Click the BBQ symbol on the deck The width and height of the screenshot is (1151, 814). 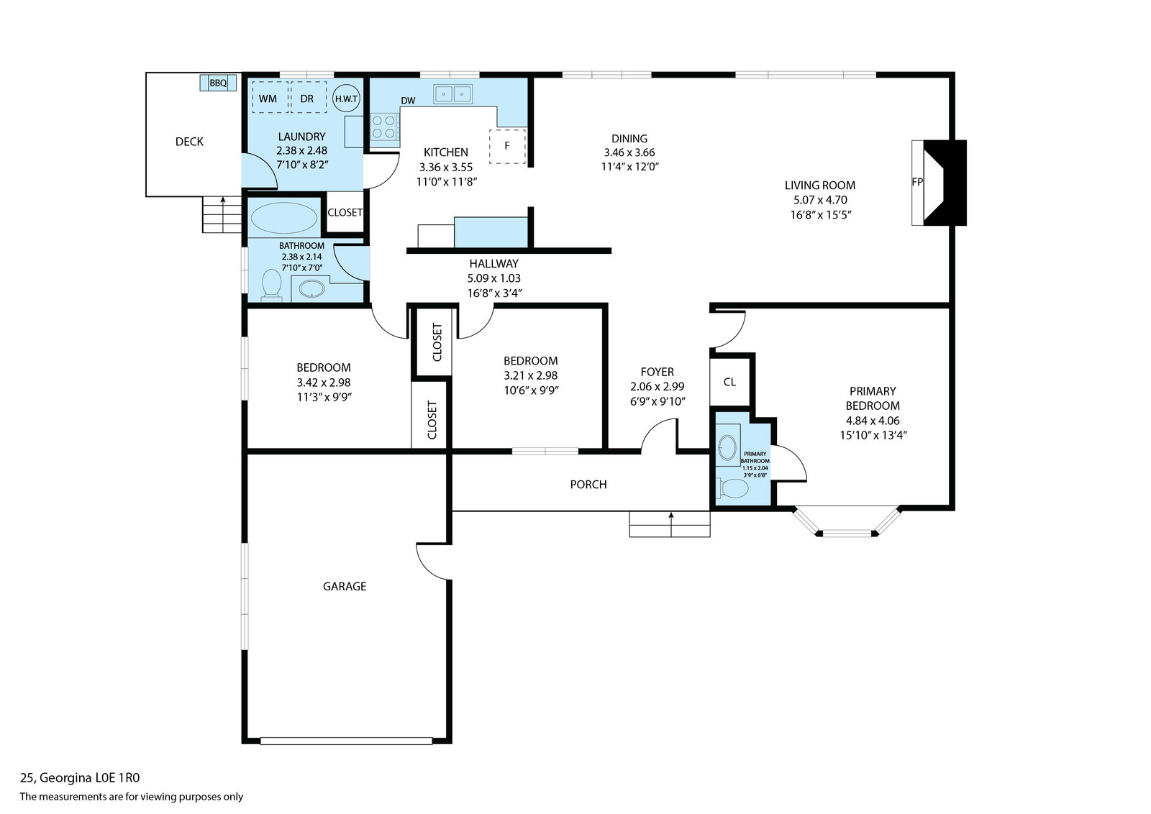click(x=218, y=83)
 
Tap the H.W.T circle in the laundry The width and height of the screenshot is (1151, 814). click(x=346, y=98)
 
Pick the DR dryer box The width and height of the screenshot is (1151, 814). click(x=309, y=97)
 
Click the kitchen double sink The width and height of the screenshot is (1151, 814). click(x=452, y=94)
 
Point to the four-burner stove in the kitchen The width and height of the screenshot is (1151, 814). click(x=384, y=127)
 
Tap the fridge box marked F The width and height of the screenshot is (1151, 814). click(x=507, y=147)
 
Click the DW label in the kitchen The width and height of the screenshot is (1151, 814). click(x=408, y=101)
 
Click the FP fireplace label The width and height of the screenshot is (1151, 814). click(x=916, y=182)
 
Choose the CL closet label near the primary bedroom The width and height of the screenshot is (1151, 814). click(x=729, y=382)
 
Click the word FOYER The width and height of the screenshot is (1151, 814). click(x=658, y=372)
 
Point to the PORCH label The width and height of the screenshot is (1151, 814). click(x=588, y=484)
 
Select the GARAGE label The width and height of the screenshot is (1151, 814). click(x=345, y=587)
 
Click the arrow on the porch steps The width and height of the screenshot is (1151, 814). click(x=670, y=523)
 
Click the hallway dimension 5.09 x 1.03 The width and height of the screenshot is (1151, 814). click(x=493, y=278)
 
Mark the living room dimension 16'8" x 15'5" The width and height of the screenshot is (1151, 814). click(x=821, y=215)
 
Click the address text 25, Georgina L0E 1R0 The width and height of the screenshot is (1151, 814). click(x=80, y=778)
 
